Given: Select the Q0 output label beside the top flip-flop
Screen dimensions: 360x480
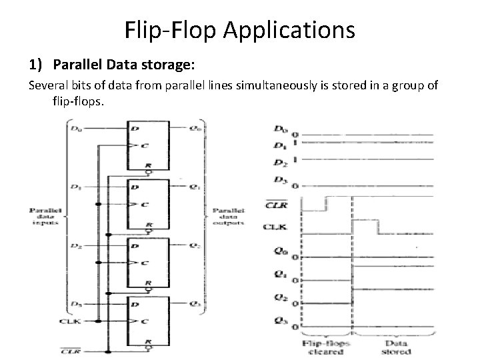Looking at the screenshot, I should coord(194,126).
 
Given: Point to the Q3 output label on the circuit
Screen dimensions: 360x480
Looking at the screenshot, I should coord(194,305).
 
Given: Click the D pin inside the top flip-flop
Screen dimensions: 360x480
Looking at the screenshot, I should coord(137,127).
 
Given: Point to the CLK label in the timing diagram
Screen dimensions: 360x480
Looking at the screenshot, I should coord(281,227).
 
